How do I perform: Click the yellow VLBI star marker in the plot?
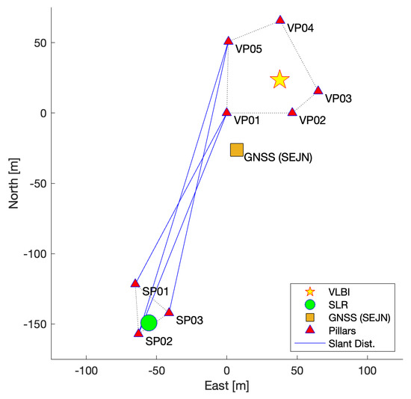coord(279,79)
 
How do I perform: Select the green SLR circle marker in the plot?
coord(149,323)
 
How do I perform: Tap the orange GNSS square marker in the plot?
coord(237,150)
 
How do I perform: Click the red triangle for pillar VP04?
coord(280,19)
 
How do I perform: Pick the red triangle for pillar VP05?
coord(229,40)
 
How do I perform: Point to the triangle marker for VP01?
coord(227,112)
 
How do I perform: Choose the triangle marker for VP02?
coord(292,112)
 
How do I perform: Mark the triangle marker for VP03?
coord(318,90)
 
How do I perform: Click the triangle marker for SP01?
coord(135,282)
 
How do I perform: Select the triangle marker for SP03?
coord(169,312)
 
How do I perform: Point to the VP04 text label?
coord(300,28)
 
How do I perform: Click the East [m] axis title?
coord(227,386)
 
